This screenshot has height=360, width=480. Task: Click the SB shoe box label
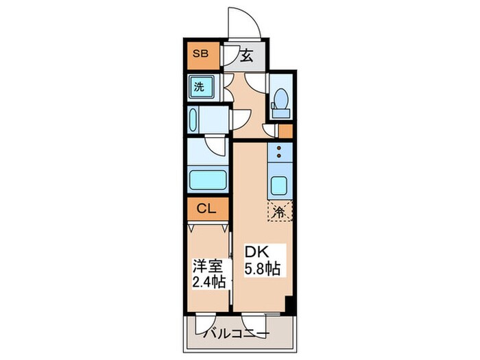click(x=201, y=53)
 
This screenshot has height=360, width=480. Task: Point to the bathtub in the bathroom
click(x=208, y=182)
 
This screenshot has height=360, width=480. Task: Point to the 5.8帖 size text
click(x=263, y=269)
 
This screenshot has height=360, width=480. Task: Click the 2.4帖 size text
click(x=206, y=282)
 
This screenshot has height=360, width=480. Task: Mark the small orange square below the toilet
click(x=285, y=130)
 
